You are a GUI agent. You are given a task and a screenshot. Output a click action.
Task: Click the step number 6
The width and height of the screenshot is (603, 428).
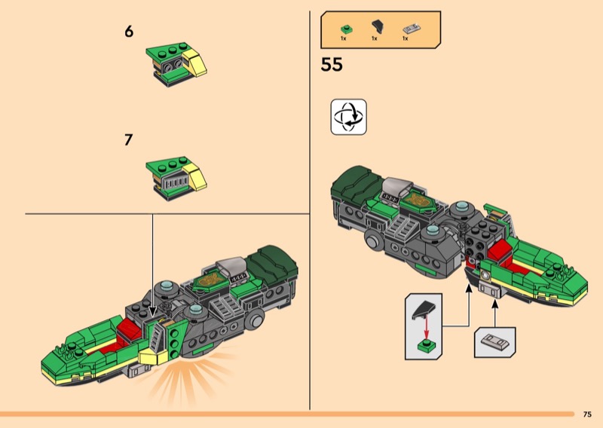point(129,32)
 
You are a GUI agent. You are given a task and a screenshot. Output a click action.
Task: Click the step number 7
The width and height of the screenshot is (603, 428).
point(128,139)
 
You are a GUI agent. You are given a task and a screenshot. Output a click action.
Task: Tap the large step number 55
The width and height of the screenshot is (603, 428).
point(332,65)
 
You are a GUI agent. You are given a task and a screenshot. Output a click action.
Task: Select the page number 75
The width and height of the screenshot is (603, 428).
point(587,414)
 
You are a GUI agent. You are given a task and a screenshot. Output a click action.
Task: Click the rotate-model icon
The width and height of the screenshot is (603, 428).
point(348,117)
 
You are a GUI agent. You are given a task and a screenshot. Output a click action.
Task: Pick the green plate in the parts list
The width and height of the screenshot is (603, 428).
point(347,29)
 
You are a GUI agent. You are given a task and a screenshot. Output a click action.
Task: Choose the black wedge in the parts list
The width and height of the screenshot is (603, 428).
point(378,27)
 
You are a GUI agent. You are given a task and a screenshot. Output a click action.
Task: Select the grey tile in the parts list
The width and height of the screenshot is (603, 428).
point(411,29)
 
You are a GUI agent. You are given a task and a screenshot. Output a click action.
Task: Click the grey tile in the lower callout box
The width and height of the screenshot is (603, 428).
point(495,342)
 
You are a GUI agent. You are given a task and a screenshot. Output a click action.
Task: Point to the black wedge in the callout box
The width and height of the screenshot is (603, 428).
point(424,310)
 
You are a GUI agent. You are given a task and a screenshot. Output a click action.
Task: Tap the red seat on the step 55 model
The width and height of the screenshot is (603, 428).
point(499,251)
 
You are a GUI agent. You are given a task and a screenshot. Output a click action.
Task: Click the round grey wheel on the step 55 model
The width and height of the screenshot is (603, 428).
point(372,240)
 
